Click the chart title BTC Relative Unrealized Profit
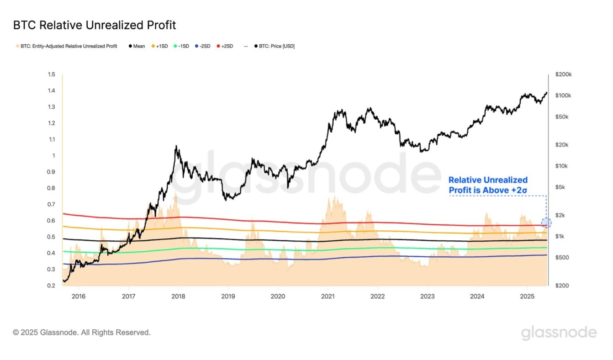tap(95, 25)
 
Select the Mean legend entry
tap(137, 46)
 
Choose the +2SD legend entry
tap(225, 46)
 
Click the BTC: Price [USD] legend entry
tap(274, 46)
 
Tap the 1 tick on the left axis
tap(53, 156)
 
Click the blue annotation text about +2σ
tap(488, 185)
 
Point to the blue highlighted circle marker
tap(546, 223)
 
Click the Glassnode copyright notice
tap(82, 333)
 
